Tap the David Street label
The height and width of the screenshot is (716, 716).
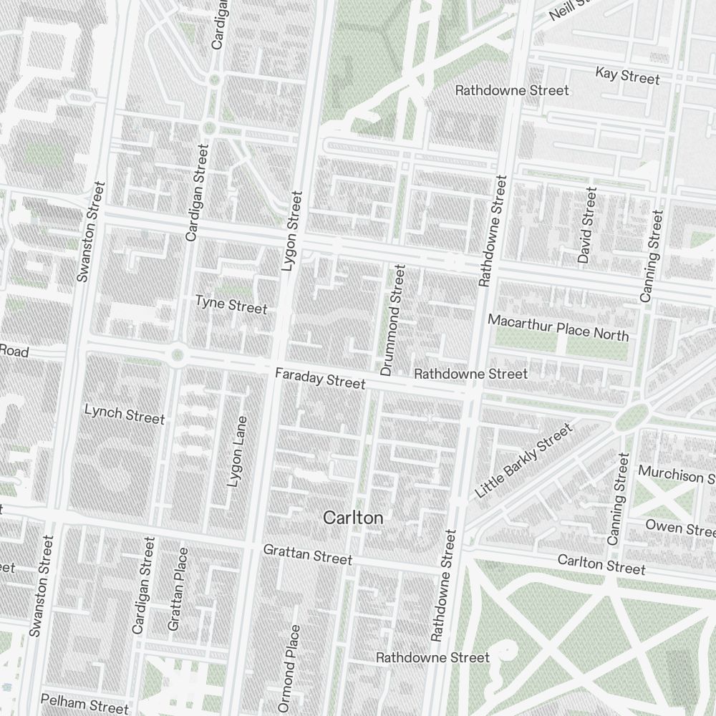[587, 225]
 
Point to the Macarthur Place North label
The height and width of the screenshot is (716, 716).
[558, 327]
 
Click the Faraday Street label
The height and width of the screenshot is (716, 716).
[321, 379]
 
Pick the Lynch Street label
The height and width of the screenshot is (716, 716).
[125, 415]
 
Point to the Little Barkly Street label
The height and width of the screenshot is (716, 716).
[524, 461]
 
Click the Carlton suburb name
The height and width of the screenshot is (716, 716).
[353, 518]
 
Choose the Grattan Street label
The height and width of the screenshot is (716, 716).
[308, 554]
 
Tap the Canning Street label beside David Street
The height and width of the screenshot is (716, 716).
[652, 255]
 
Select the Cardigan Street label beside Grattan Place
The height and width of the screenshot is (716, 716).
[143, 586]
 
